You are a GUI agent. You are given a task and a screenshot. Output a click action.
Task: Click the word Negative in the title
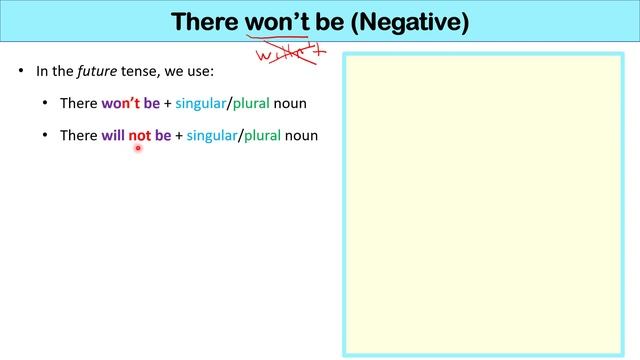(411, 21)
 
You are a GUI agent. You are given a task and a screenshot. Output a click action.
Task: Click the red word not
(139, 135)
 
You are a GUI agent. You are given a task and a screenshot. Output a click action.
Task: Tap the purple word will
(113, 135)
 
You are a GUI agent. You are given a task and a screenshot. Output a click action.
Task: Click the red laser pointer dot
(138, 148)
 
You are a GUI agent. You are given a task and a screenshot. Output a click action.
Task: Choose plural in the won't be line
(250, 104)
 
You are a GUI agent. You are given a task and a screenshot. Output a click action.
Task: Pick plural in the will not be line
(261, 135)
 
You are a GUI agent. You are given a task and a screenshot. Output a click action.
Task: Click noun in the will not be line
(301, 135)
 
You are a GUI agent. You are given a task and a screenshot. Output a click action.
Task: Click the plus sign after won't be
(168, 104)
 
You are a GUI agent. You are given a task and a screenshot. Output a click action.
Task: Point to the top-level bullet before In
(21, 72)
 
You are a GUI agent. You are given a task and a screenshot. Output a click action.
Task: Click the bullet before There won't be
(46, 104)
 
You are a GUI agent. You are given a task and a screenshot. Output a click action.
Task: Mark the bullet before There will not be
(46, 135)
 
